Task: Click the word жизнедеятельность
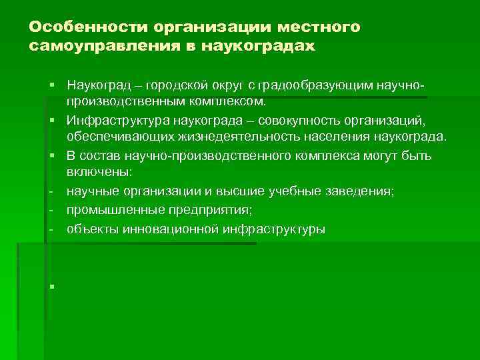pyautogui.click(x=244, y=137)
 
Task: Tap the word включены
pyautogui.click(x=99, y=173)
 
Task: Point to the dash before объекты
pyautogui.click(x=51, y=229)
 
